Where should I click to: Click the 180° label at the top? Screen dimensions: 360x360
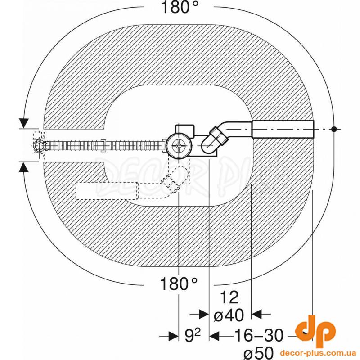pyautogui.click(x=180, y=7)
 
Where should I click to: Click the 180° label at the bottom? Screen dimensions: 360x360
pyautogui.click(x=179, y=284)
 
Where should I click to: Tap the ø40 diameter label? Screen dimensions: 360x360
pyautogui.click(x=229, y=315)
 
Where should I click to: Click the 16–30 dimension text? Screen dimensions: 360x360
pyautogui.click(x=258, y=335)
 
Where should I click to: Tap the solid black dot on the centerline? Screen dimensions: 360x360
pyautogui.click(x=334, y=129)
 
